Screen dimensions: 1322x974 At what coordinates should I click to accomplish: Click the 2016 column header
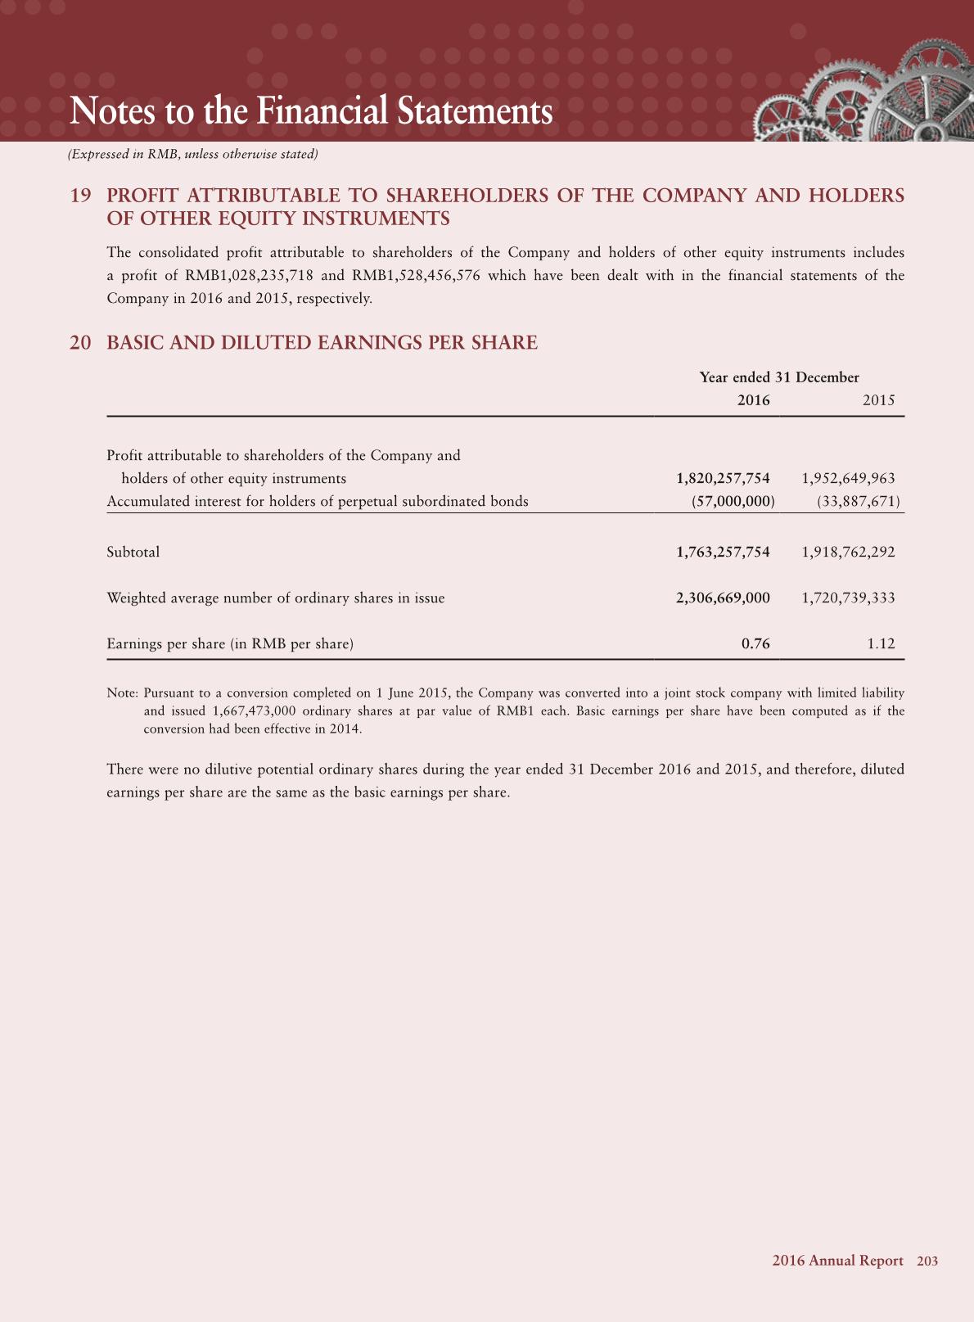(753, 400)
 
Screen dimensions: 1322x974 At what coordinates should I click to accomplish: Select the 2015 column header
(879, 400)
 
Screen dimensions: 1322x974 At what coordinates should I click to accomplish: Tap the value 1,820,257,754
(723, 478)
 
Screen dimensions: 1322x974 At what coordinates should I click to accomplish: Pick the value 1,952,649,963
(849, 478)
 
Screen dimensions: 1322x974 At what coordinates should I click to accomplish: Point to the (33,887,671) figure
(859, 501)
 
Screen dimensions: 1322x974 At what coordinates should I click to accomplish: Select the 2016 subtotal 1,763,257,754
(723, 552)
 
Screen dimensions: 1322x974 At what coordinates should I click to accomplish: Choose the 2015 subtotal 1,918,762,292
(849, 552)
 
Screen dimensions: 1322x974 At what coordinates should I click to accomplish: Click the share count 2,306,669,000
(723, 598)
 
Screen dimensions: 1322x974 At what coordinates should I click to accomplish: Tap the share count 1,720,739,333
(849, 598)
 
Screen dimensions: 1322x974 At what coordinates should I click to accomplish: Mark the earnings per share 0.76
(755, 643)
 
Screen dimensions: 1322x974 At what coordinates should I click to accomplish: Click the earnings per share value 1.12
(881, 643)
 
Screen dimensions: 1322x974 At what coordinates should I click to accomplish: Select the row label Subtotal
(133, 552)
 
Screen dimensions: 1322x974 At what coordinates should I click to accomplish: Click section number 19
(80, 196)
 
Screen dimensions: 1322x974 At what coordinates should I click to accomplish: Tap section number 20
(80, 343)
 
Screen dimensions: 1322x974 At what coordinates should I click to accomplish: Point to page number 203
(927, 1261)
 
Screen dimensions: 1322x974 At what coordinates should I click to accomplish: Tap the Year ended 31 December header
(779, 377)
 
